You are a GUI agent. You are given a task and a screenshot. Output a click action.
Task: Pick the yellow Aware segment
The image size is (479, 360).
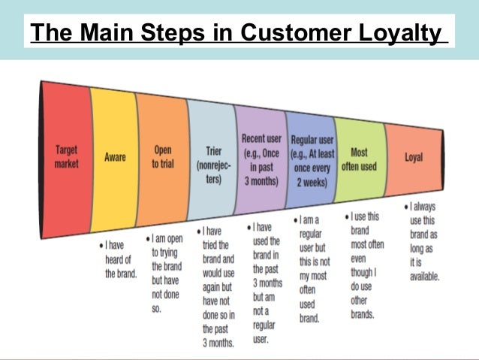pyautogui.click(x=114, y=157)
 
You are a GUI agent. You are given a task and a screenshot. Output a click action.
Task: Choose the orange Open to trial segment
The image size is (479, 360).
pyautogui.click(x=161, y=157)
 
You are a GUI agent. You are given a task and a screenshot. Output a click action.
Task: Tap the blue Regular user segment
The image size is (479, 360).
pyautogui.click(x=310, y=159)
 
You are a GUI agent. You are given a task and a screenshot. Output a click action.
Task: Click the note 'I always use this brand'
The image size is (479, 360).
pyautogui.click(x=422, y=241)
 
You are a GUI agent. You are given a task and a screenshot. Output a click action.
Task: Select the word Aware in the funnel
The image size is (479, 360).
pyautogui.click(x=115, y=157)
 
